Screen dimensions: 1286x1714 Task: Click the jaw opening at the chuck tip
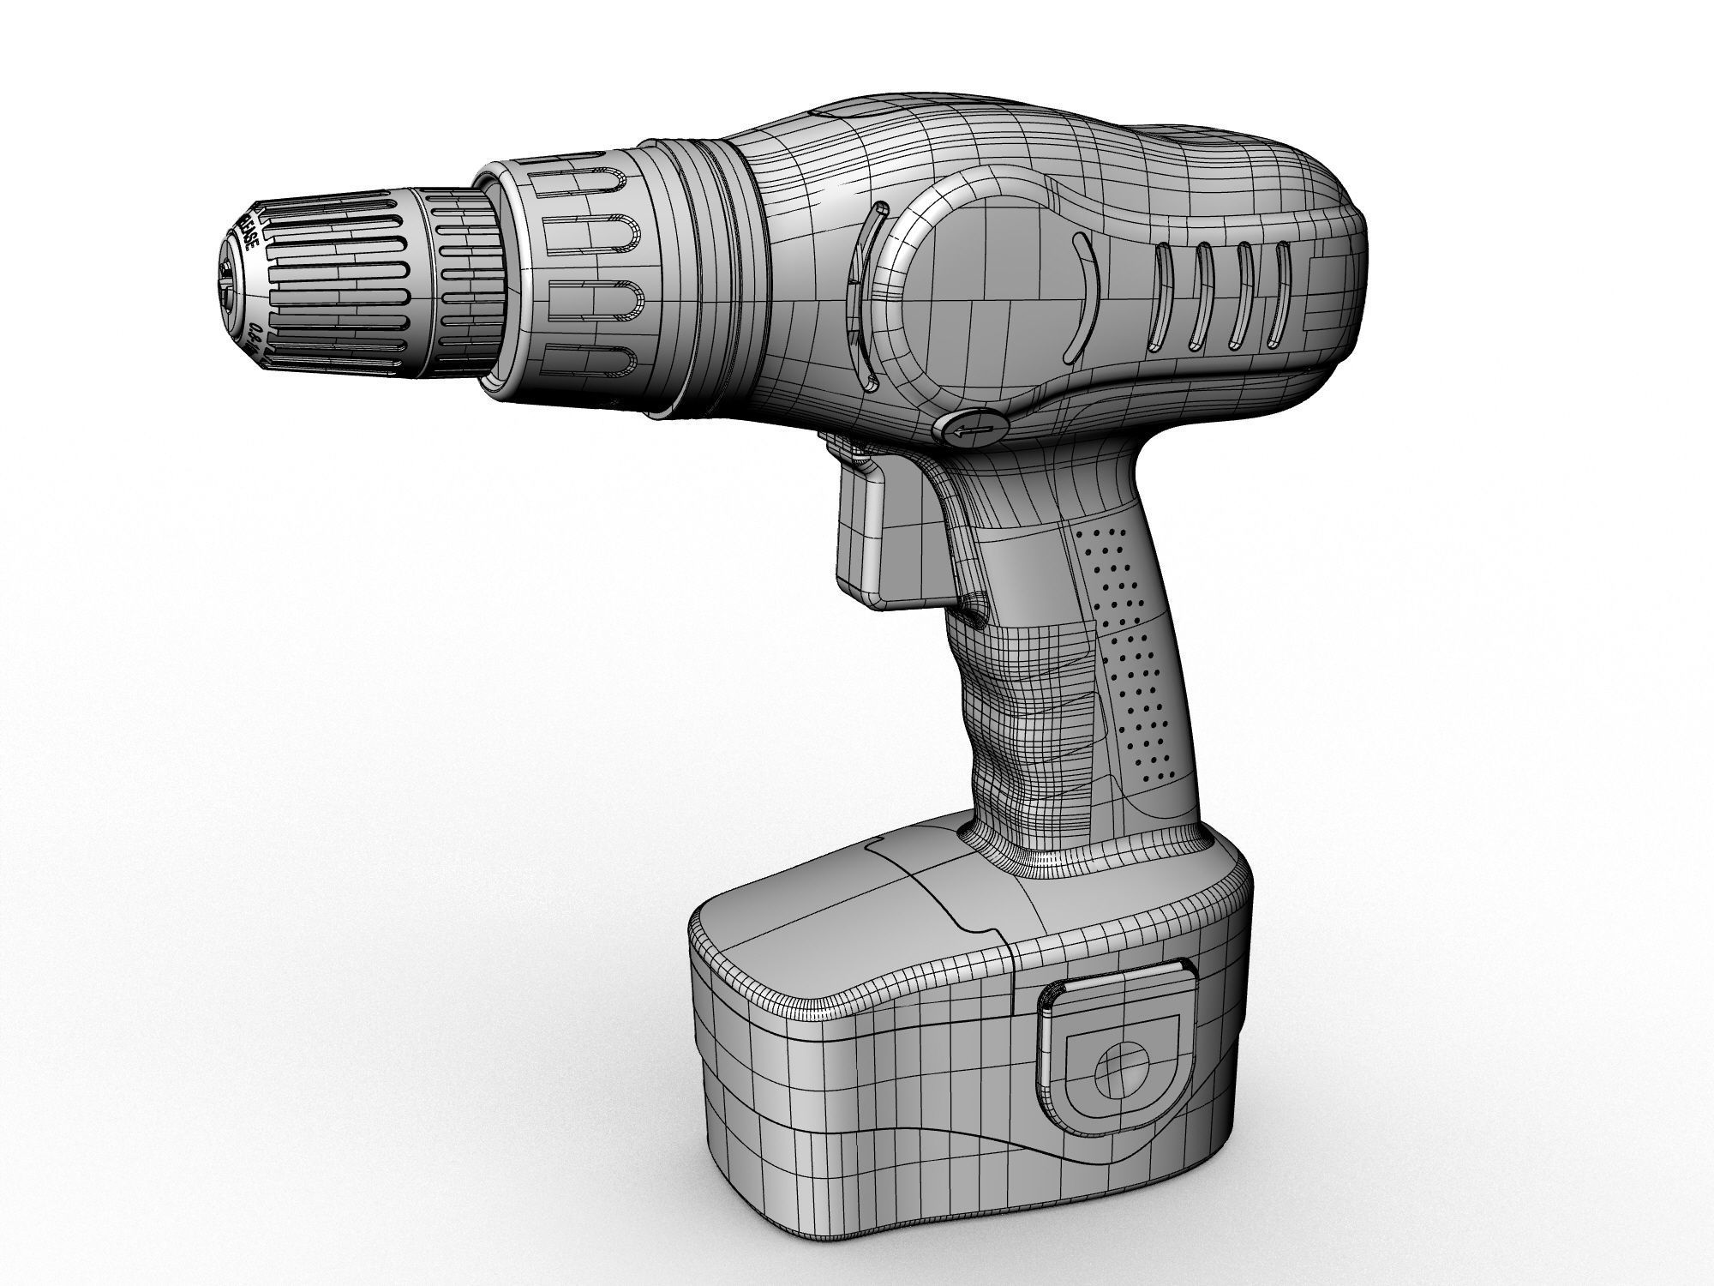[226, 283]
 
